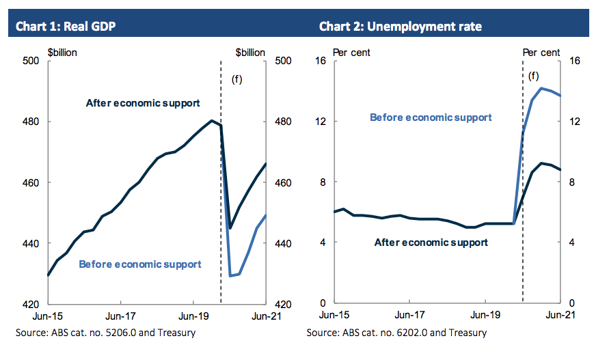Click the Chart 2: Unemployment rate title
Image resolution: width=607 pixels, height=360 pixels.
click(x=400, y=27)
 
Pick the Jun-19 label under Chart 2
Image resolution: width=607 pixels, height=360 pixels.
click(x=485, y=316)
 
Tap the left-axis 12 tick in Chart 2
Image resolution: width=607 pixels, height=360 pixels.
click(x=320, y=122)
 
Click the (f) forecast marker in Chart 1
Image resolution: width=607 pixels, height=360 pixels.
click(x=237, y=79)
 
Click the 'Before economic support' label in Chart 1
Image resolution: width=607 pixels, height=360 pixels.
click(x=140, y=264)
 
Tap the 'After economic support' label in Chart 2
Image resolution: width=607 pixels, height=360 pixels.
click(x=431, y=243)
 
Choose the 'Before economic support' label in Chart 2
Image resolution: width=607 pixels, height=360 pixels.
click(x=431, y=117)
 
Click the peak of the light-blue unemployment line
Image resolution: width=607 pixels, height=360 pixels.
click(x=541, y=88)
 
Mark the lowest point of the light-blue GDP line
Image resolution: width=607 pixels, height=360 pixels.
click(x=230, y=275)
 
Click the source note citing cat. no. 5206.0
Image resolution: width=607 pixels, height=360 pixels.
click(x=105, y=333)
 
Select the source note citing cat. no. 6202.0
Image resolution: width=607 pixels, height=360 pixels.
click(x=396, y=333)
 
